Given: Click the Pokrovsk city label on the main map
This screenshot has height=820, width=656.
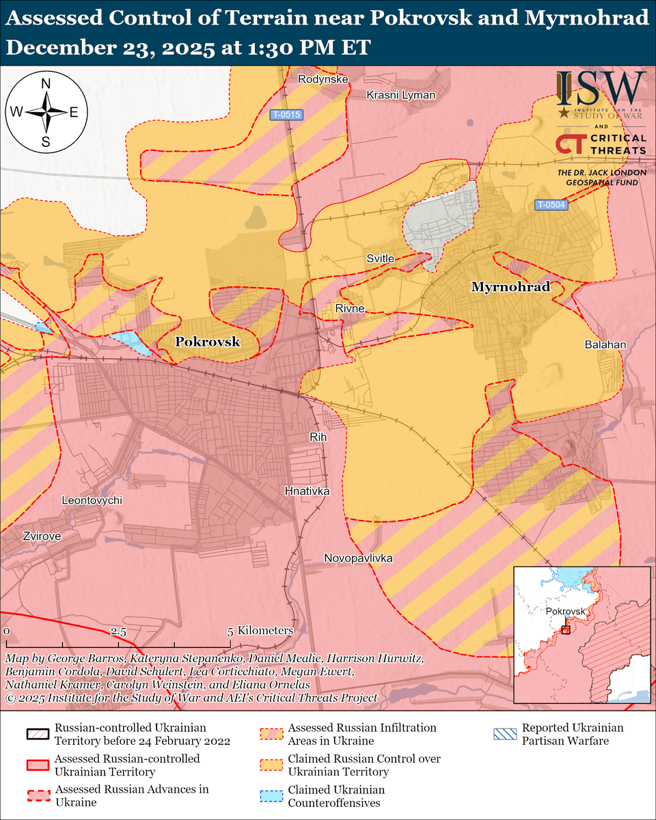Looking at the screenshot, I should [x=208, y=342].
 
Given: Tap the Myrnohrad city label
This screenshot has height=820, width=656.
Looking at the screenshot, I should [x=510, y=287].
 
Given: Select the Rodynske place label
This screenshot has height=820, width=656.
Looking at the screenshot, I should [x=323, y=79].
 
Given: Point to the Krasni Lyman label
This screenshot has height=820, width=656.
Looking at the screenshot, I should [x=400, y=95].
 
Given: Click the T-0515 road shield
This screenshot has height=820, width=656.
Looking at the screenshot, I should [x=286, y=115].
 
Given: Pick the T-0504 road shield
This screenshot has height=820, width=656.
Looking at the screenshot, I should [x=551, y=204].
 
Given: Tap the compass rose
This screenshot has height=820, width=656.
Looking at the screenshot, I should [x=46, y=112].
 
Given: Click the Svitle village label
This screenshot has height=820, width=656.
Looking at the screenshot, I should [x=381, y=258].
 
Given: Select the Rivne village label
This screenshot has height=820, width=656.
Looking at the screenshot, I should [x=349, y=309].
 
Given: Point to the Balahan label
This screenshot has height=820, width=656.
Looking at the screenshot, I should [x=605, y=345].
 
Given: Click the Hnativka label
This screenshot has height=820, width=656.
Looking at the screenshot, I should [x=307, y=491].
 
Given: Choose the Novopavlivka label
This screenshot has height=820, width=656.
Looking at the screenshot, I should [x=358, y=558].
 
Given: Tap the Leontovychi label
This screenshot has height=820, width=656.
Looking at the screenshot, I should [x=92, y=501].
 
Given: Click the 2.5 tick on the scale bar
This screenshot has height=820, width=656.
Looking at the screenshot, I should [x=119, y=631].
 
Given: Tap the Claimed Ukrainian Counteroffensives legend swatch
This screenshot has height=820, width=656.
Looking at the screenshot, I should [x=271, y=795].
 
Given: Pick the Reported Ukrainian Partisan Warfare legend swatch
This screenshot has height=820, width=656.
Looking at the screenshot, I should [x=504, y=735].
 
